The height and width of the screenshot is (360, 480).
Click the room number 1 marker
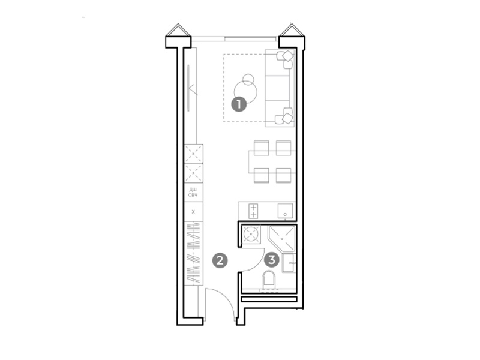(x=239, y=104)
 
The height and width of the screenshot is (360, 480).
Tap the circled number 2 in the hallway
(x=220, y=260)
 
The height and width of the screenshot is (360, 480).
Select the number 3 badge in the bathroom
(x=272, y=260)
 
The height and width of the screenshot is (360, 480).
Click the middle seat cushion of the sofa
(x=277, y=88)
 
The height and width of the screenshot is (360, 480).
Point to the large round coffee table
(x=245, y=92)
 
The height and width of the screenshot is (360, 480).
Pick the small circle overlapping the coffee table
(x=248, y=80)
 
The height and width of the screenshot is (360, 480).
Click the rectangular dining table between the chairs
(x=272, y=161)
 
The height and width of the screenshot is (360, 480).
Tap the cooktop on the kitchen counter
(x=253, y=211)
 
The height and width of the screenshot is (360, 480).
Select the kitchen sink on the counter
(x=286, y=211)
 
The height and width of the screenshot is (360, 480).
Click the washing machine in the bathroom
(x=251, y=235)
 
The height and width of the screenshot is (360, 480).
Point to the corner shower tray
(x=281, y=239)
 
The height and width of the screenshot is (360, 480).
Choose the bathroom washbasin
(x=289, y=263)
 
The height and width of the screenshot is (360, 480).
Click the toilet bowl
(x=269, y=279)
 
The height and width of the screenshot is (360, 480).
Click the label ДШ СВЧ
(x=193, y=193)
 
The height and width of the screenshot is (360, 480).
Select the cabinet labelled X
(x=193, y=212)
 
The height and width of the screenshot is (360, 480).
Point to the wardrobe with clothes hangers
(x=193, y=253)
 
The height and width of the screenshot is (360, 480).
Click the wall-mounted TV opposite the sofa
(x=188, y=88)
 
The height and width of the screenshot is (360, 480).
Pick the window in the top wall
(x=235, y=39)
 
